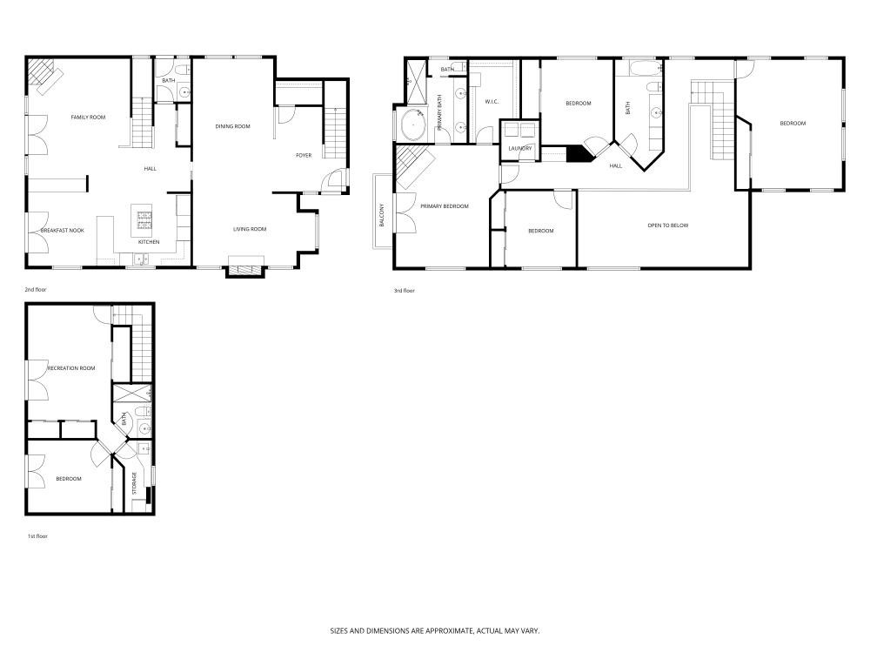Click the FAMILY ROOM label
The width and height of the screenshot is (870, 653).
[x=88, y=117]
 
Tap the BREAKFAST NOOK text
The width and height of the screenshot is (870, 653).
[x=63, y=231]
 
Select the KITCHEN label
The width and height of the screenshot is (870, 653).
[x=149, y=241]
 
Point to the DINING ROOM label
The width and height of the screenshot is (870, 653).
[x=232, y=127]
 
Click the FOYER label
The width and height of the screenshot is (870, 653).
[x=304, y=156]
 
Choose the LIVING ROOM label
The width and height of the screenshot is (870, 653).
[x=249, y=230]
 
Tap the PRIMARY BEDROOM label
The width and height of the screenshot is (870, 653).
[x=445, y=206]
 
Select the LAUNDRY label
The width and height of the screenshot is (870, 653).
[x=519, y=149]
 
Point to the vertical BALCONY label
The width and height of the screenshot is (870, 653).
[x=382, y=216]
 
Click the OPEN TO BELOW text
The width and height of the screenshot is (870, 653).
[x=667, y=226]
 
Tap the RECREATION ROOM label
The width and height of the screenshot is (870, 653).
[x=66, y=368]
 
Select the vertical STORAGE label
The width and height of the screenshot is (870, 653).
[x=134, y=484]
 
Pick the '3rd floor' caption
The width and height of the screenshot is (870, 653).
[x=404, y=291]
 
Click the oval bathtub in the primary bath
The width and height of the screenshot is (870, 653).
[x=411, y=125]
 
